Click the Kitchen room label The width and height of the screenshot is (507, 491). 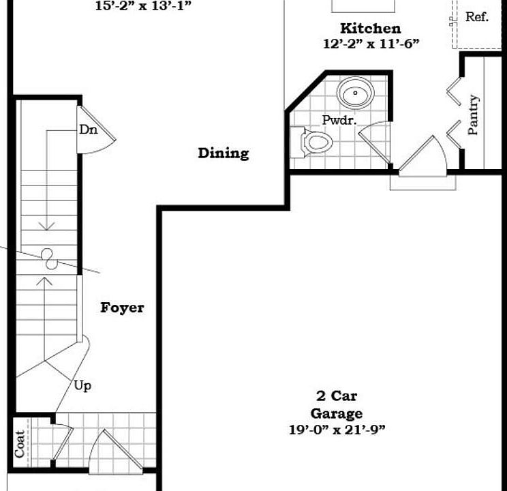tap(370, 29)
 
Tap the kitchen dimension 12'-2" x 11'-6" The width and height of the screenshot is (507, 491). tap(370, 44)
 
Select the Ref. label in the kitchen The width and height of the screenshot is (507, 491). tap(477, 17)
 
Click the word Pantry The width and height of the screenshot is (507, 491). tap(474, 115)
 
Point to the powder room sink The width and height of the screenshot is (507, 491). tap(355, 93)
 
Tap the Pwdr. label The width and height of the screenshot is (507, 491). tap(340, 119)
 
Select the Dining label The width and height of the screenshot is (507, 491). tap(224, 153)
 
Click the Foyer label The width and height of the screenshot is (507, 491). tap(123, 308)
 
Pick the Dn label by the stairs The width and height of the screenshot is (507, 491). tap(88, 129)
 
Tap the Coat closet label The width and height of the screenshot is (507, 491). tap(20, 443)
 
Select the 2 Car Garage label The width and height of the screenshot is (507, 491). tap(337, 404)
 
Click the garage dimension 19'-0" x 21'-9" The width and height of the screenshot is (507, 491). tap(337, 430)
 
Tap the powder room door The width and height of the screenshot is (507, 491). tap(374, 143)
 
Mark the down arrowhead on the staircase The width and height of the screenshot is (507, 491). tap(46, 225)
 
